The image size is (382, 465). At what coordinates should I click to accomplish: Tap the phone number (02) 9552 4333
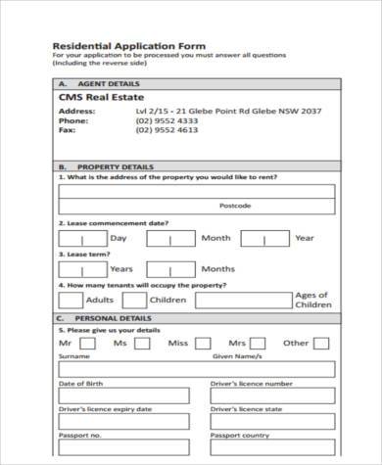pyautogui.click(x=165, y=120)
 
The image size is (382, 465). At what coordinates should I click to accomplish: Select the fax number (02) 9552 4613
pyautogui.click(x=165, y=129)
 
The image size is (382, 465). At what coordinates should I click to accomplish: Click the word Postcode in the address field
pyautogui.click(x=235, y=206)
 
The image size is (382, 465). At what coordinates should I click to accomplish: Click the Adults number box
pyautogui.click(x=72, y=300)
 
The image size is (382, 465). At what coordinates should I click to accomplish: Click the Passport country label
pyautogui.click(x=241, y=434)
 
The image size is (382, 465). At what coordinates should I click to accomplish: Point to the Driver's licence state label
pyautogui.click(x=247, y=408)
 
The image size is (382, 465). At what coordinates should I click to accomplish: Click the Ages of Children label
pyautogui.click(x=313, y=300)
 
